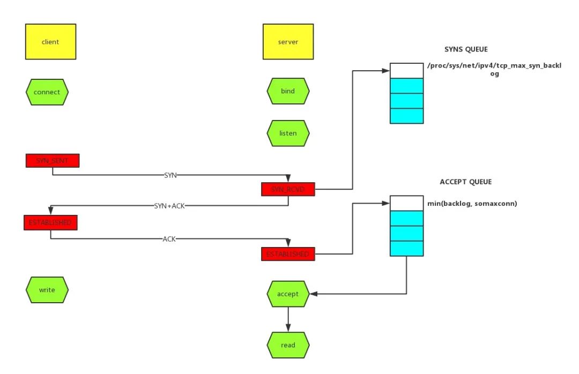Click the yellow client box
[x=50, y=41]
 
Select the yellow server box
[x=288, y=41]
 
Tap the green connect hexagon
[x=47, y=92]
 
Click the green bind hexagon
[x=288, y=92]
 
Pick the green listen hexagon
[x=288, y=132]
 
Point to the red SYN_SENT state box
[x=53, y=160]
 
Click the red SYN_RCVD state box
[x=288, y=189]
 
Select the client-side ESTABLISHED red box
[x=51, y=222]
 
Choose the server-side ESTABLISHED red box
[x=288, y=253]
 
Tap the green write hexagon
[x=47, y=290]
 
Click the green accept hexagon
[x=288, y=294]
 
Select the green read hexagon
[x=288, y=345]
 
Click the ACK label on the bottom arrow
[x=169, y=239]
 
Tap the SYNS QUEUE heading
[x=465, y=49]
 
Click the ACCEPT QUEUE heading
[x=465, y=182]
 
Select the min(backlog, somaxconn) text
[x=472, y=203]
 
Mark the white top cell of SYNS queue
[x=406, y=71]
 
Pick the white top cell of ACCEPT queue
[x=406, y=203]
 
